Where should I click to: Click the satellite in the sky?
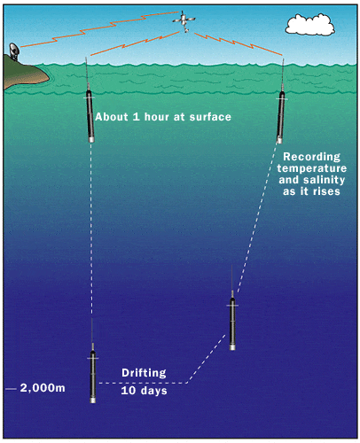[x=184, y=21]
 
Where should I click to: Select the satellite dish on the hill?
[x=13, y=51]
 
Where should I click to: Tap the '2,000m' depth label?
[x=43, y=388]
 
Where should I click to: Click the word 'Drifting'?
[x=144, y=373]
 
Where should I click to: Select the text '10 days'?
[x=144, y=391]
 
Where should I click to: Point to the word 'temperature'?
[x=312, y=168]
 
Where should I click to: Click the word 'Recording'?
[x=312, y=157]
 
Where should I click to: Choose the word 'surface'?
[x=210, y=117]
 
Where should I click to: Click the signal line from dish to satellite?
[x=99, y=29]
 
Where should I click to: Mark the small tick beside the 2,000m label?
[x=11, y=389]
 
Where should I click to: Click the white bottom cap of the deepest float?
[x=93, y=400]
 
